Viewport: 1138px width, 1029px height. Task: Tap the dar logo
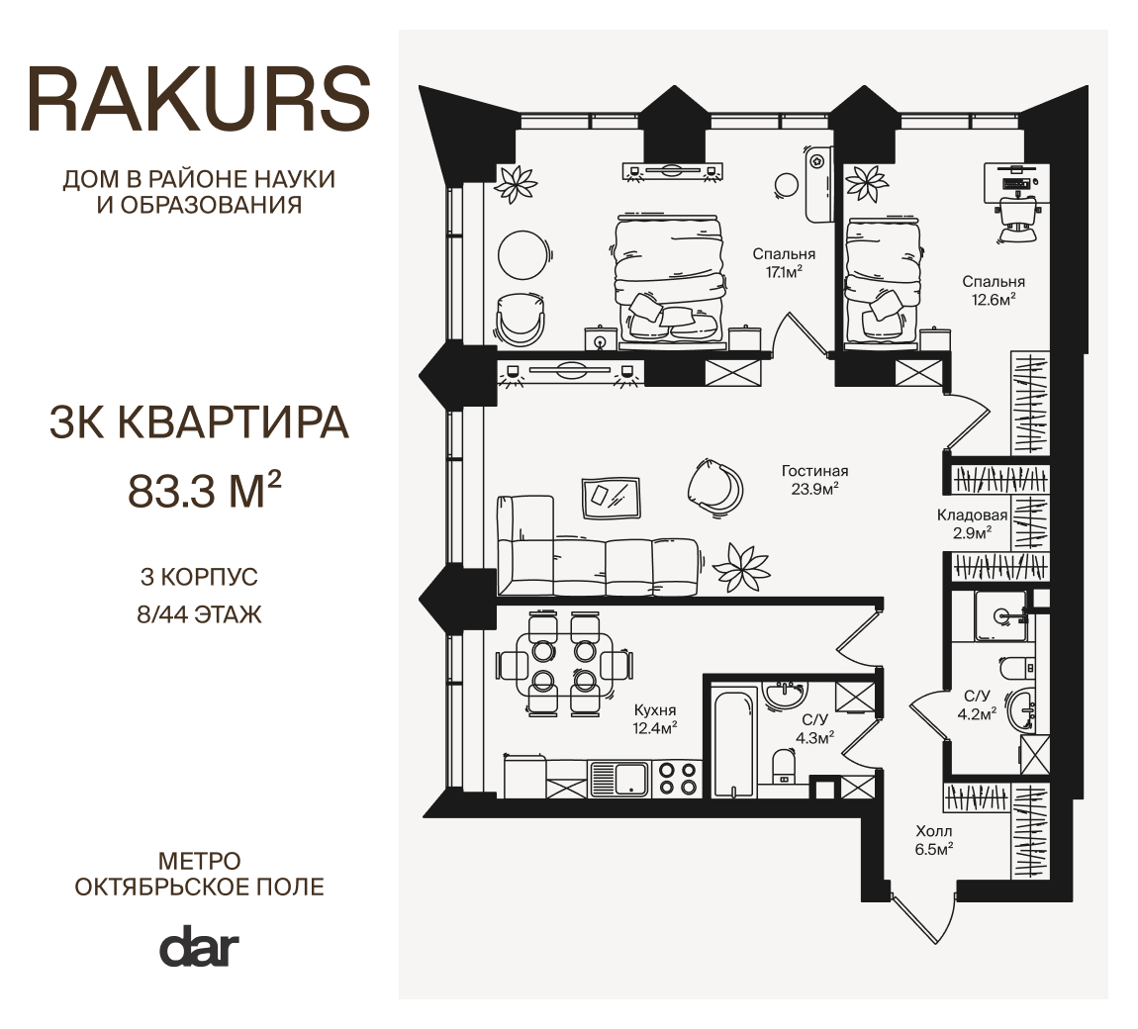point(199,946)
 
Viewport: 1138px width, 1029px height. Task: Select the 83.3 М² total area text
point(204,490)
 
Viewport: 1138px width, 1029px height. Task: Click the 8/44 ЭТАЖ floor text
point(199,615)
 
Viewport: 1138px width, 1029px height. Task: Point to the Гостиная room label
point(815,471)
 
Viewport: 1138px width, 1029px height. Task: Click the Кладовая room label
point(972,515)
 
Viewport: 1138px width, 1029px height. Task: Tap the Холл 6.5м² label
point(934,840)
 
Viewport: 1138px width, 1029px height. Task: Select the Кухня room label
point(655,710)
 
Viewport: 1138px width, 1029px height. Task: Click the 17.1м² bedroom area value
point(784,272)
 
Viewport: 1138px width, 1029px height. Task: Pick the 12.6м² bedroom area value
point(993,299)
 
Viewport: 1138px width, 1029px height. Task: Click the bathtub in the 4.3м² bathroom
point(732,744)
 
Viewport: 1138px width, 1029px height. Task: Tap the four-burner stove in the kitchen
point(679,779)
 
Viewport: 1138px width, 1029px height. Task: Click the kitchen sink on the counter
point(619,779)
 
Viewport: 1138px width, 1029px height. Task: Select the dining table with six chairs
point(564,665)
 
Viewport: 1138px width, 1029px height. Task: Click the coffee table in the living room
point(612,498)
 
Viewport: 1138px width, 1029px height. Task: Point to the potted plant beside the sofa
point(741,567)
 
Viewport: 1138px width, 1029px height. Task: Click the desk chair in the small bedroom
point(1016,216)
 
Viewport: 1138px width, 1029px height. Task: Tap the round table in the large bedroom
point(522,254)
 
